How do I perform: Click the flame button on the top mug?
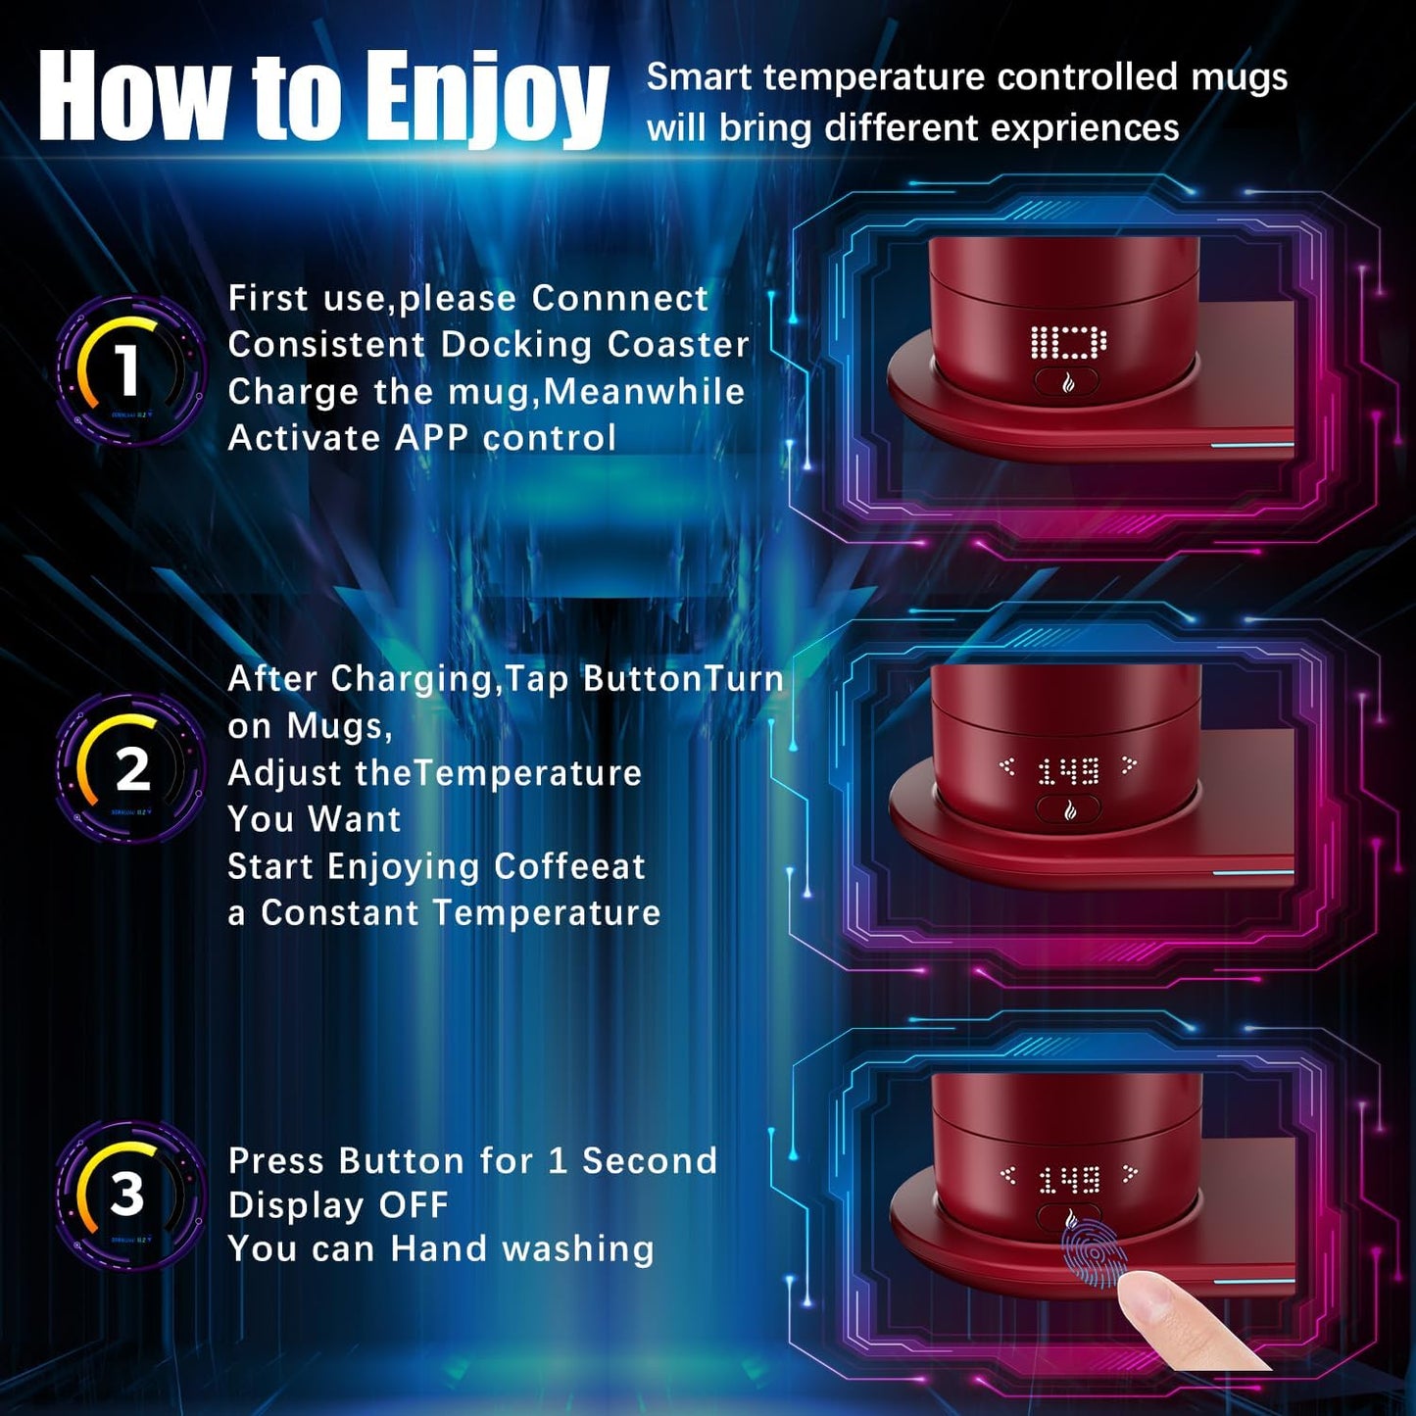click(x=1067, y=383)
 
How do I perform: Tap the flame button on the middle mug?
click(x=1069, y=810)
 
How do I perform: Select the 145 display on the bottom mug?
click(x=1069, y=1180)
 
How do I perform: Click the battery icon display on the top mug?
click(x=1068, y=343)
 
